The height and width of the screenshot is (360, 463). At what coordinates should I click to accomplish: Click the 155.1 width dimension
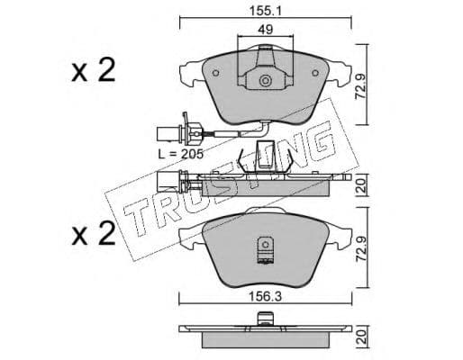(265, 11)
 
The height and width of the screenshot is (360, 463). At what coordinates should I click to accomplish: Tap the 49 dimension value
(265, 30)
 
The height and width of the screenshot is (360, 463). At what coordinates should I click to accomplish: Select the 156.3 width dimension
(265, 297)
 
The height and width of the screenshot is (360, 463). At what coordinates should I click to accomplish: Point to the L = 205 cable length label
(181, 154)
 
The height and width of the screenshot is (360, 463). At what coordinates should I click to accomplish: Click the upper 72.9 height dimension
(360, 87)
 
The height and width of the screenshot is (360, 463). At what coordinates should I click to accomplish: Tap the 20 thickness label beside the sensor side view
(362, 186)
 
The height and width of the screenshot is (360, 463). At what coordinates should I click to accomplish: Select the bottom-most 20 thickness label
(362, 337)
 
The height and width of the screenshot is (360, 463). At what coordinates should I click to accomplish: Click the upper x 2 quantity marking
(94, 70)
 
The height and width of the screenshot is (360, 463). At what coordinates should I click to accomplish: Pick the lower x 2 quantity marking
(94, 233)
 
